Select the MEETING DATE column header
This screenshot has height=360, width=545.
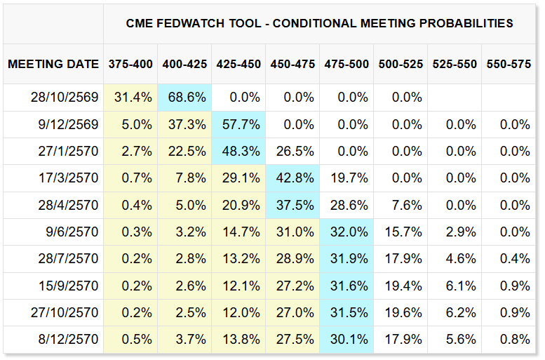(x=53, y=64)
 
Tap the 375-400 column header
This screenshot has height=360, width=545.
(x=130, y=64)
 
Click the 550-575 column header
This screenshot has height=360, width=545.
(x=509, y=64)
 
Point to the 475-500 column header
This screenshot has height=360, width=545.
(x=346, y=64)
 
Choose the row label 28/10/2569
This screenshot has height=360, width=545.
(x=65, y=97)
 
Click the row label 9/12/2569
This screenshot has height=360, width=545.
(x=69, y=124)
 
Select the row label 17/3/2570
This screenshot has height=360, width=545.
(x=69, y=178)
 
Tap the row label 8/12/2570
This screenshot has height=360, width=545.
(x=69, y=339)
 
